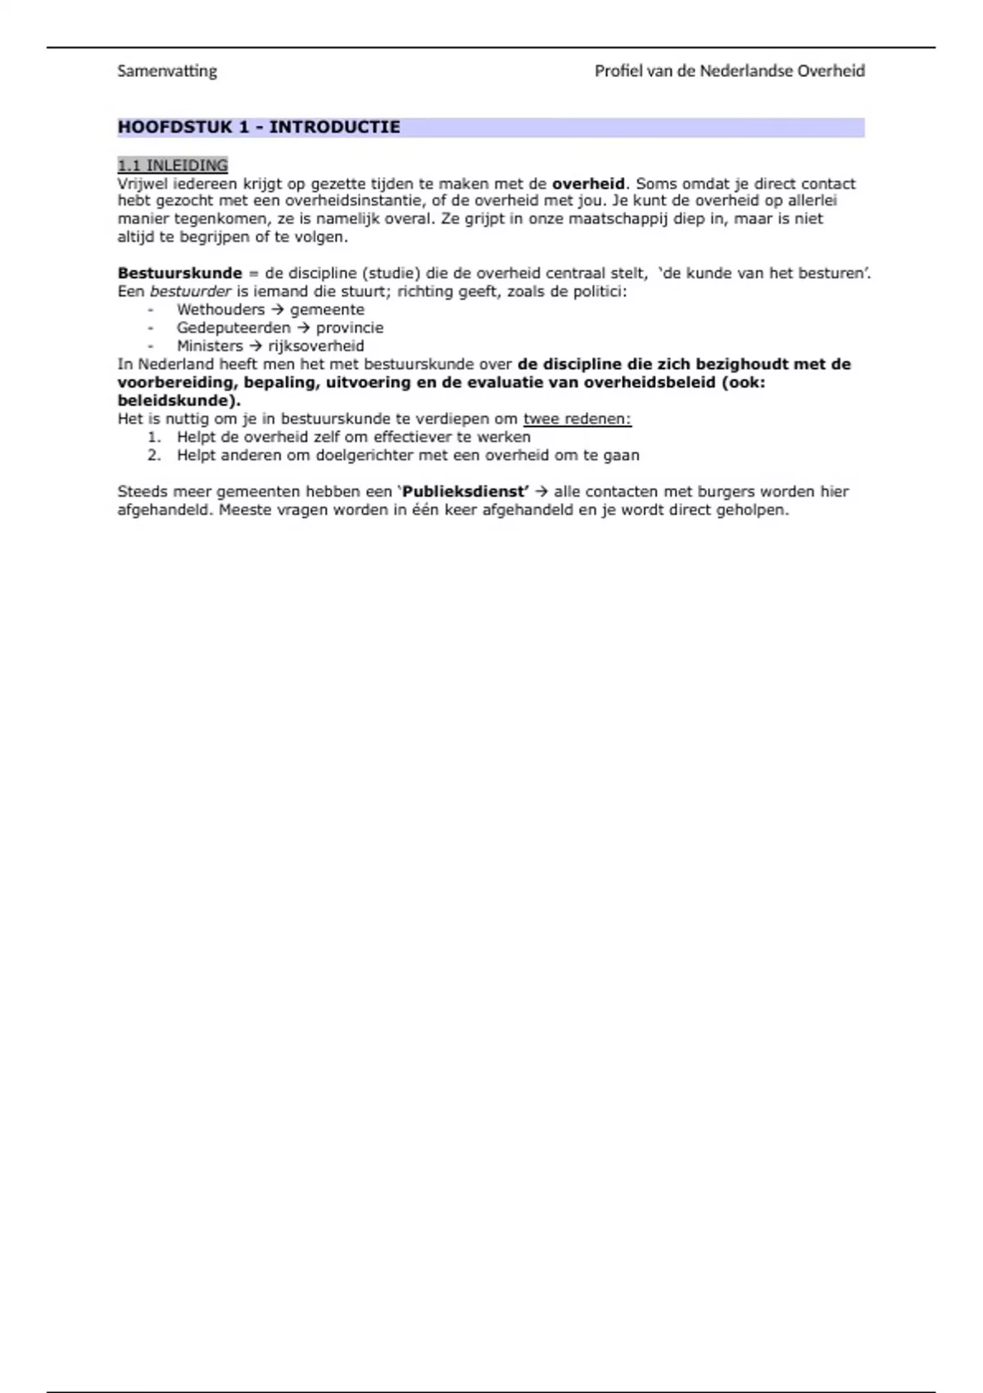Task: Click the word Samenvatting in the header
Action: pyautogui.click(x=167, y=71)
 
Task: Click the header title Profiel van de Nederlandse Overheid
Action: pyautogui.click(x=729, y=71)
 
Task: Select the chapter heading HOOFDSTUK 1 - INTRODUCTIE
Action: pyautogui.click(x=259, y=127)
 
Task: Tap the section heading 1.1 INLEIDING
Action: pyautogui.click(x=173, y=166)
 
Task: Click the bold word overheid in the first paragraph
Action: pyautogui.click(x=588, y=184)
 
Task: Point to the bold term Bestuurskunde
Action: pyautogui.click(x=180, y=273)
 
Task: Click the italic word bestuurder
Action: pyautogui.click(x=191, y=291)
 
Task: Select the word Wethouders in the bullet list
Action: pyautogui.click(x=220, y=310)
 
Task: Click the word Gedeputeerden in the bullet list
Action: pyautogui.click(x=233, y=328)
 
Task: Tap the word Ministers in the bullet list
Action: pyautogui.click(x=210, y=346)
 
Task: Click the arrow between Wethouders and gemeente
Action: pyautogui.click(x=277, y=310)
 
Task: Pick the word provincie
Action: pyautogui.click(x=350, y=328)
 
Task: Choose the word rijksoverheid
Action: pyautogui.click(x=316, y=346)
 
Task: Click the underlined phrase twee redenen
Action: pyautogui.click(x=577, y=419)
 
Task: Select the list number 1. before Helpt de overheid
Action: pyautogui.click(x=154, y=437)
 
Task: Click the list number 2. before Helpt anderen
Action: pyautogui.click(x=154, y=456)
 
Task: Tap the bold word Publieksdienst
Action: pyautogui.click(x=464, y=492)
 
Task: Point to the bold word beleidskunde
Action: pyautogui.click(x=176, y=401)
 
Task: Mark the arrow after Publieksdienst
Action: pyautogui.click(x=541, y=492)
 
